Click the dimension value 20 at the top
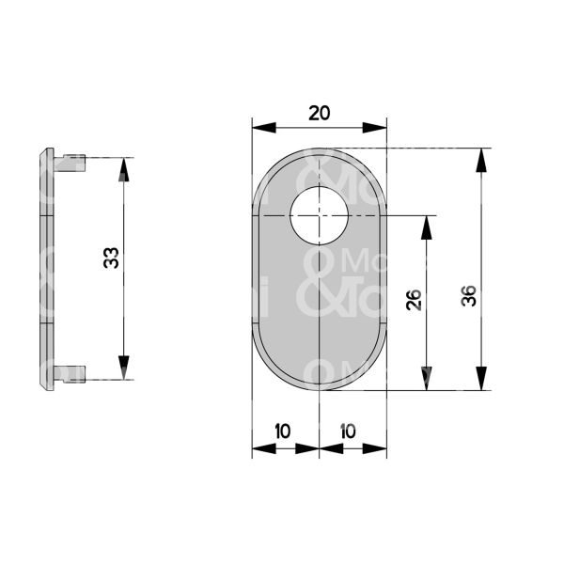click(x=320, y=113)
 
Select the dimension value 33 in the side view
click(x=112, y=258)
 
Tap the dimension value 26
click(x=415, y=300)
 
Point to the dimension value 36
click(x=469, y=296)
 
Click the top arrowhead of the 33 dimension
click(x=123, y=169)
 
